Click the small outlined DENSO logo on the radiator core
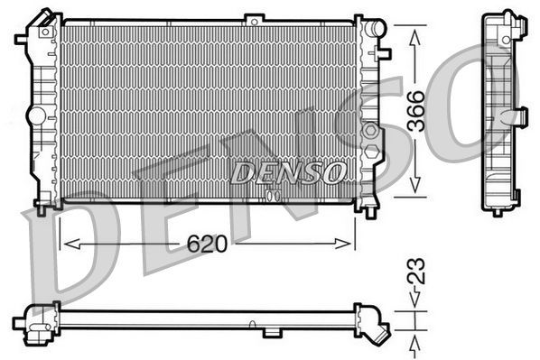pyautogui.click(x=287, y=171)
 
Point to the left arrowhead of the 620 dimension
pyautogui.click(x=66, y=244)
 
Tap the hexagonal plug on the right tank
pyautogui.click(x=370, y=132)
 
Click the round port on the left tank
pyautogui.click(x=36, y=116)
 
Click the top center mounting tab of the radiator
pyautogui.click(x=258, y=18)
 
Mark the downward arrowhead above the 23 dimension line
pyautogui.click(x=414, y=306)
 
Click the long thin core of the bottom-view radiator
pyautogui.click(x=208, y=318)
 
